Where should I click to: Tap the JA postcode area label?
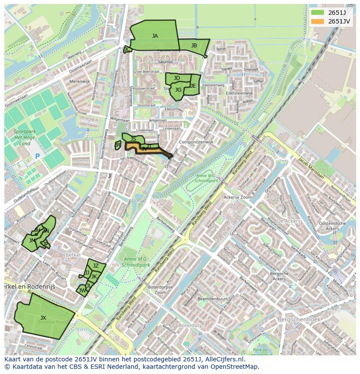point(155,36)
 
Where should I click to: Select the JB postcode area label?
point(194,46)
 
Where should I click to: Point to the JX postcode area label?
point(43,318)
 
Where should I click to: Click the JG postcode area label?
point(178,90)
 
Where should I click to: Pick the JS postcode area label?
point(133,139)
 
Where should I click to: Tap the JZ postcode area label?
point(96,266)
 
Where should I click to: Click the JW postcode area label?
point(82,291)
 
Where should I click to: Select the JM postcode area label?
point(32,240)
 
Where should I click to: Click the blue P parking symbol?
point(37,156)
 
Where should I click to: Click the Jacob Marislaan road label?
point(311,166)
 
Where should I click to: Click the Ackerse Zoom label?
point(238,197)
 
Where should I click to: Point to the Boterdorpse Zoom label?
point(160,290)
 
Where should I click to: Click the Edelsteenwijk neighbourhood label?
point(240,93)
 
